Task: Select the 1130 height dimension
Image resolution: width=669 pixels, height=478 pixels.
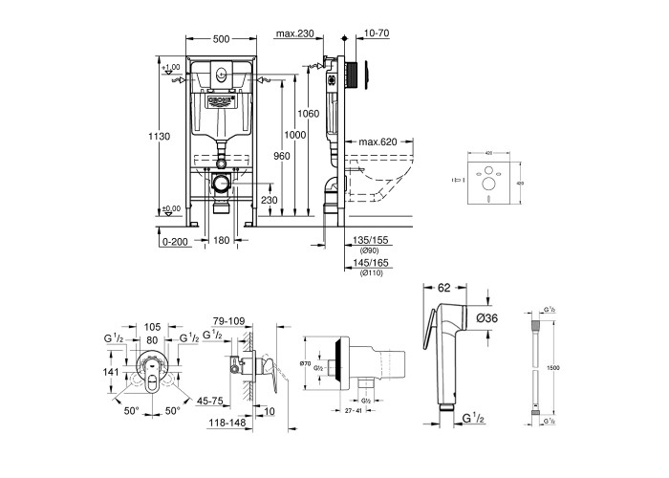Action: [x=160, y=137]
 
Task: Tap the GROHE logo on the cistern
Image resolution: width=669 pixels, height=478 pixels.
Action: [x=220, y=98]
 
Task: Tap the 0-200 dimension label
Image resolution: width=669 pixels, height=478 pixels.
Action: [x=175, y=242]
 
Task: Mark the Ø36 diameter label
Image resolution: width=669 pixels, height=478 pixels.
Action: [x=488, y=318]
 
